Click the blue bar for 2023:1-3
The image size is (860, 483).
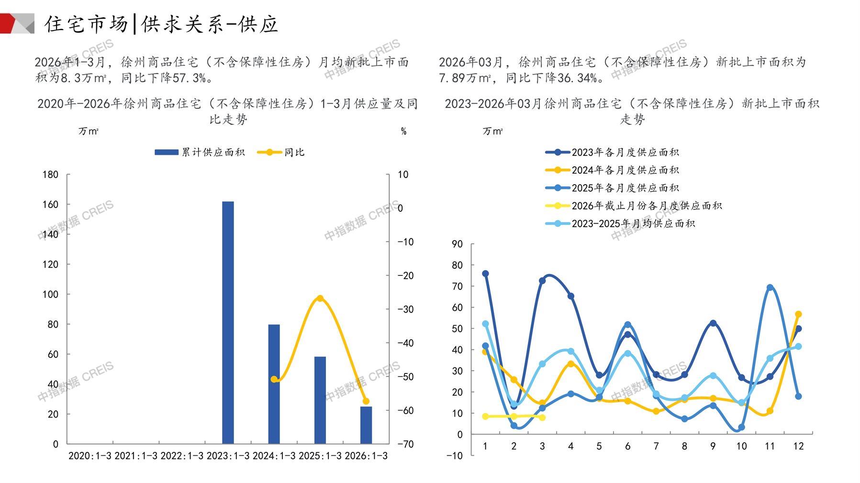tap(228, 322)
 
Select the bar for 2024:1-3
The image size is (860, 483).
tap(274, 384)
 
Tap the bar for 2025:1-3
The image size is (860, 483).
tap(320, 400)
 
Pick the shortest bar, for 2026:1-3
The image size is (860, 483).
tap(366, 425)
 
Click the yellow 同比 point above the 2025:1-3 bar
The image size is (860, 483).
tap(320, 298)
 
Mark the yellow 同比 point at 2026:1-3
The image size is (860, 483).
tap(366, 401)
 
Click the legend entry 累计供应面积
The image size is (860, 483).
tap(200, 153)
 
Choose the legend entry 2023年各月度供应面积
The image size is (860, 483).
tap(612, 153)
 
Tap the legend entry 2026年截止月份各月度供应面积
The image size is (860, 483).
tap(634, 206)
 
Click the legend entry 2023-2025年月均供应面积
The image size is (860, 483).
tap(620, 224)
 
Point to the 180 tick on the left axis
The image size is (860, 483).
tap(50, 175)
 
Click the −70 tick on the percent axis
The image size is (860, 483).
tap(405, 444)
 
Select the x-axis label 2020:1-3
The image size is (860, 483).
tap(89, 456)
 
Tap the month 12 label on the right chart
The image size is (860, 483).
tap(798, 446)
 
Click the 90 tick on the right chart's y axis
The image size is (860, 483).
tap(457, 244)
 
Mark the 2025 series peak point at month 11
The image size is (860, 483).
tap(770, 288)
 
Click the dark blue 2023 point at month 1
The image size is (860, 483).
tap(485, 274)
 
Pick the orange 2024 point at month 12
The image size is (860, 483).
tap(798, 314)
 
